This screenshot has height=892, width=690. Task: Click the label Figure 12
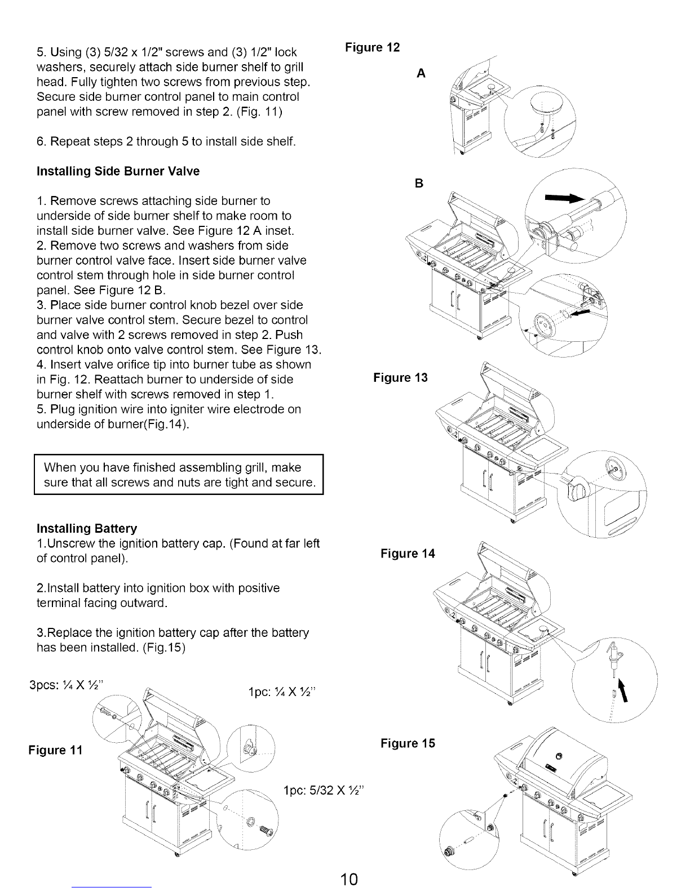pyautogui.click(x=373, y=47)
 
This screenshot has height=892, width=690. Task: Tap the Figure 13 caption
pyautogui.click(x=400, y=377)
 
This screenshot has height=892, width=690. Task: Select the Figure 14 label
pyautogui.click(x=408, y=554)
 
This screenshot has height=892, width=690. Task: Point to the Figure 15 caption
pyautogui.click(x=408, y=743)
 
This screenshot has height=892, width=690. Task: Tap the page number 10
pyautogui.click(x=350, y=878)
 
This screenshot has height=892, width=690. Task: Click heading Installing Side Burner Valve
pyautogui.click(x=118, y=171)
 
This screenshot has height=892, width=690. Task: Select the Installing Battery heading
pyautogui.click(x=86, y=529)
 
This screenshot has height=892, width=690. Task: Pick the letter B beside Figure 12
pyautogui.click(x=419, y=184)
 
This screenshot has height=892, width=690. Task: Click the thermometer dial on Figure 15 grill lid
pyautogui.click(x=559, y=755)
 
